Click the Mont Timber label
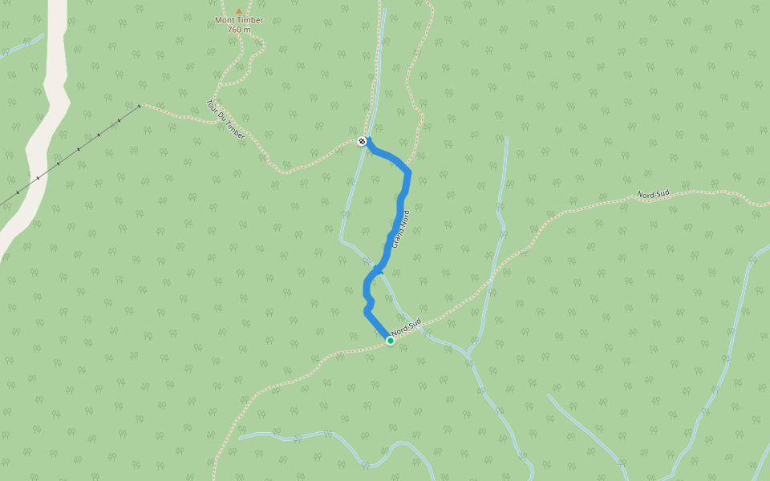click(x=239, y=20)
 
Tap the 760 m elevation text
click(x=239, y=30)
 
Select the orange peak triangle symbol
click(x=238, y=11)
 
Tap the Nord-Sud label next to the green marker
click(x=406, y=329)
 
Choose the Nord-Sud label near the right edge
click(x=653, y=194)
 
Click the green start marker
click(x=391, y=341)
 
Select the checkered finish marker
click(x=362, y=141)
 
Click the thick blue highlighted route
click(x=400, y=208)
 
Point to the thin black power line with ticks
click(x=79, y=149)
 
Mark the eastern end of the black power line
click(x=139, y=105)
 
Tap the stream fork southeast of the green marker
click(x=469, y=353)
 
